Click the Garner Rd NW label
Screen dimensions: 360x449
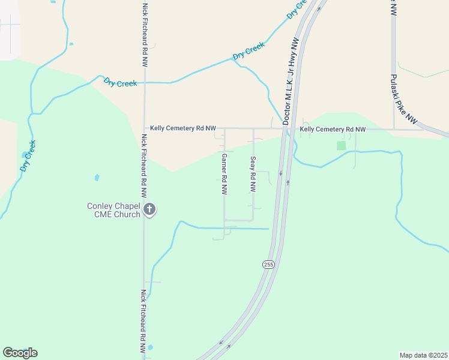(224, 174)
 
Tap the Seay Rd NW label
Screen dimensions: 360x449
(253, 174)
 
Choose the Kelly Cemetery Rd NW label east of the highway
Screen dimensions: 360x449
(333, 129)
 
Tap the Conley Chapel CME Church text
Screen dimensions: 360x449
(114, 210)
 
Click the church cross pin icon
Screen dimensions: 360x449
(149, 209)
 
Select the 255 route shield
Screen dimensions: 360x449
(268, 264)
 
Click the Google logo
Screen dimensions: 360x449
(20, 352)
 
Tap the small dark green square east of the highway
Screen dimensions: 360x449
(342, 145)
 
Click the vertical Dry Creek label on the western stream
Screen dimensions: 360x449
(28, 156)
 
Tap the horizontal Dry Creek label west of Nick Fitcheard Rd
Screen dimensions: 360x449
(120, 82)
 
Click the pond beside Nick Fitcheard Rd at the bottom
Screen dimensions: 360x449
(149, 347)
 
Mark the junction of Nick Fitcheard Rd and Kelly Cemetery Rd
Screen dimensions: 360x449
(144, 128)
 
